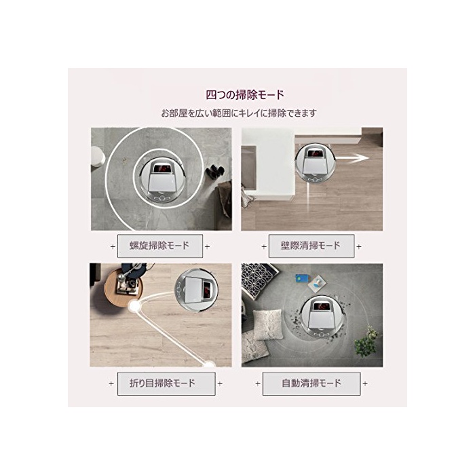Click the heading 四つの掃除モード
point(245,95)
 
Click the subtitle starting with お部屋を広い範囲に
point(239,113)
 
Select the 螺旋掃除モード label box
point(160,246)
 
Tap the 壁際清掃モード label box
point(311,246)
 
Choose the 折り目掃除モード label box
point(166,383)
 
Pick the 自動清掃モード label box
point(311,383)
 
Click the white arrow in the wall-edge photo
point(352,158)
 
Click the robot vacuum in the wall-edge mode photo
point(316,163)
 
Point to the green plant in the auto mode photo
point(367,341)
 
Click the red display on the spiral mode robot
point(160,168)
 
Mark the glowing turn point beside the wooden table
point(134,306)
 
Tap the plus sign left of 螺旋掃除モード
point(113,246)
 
